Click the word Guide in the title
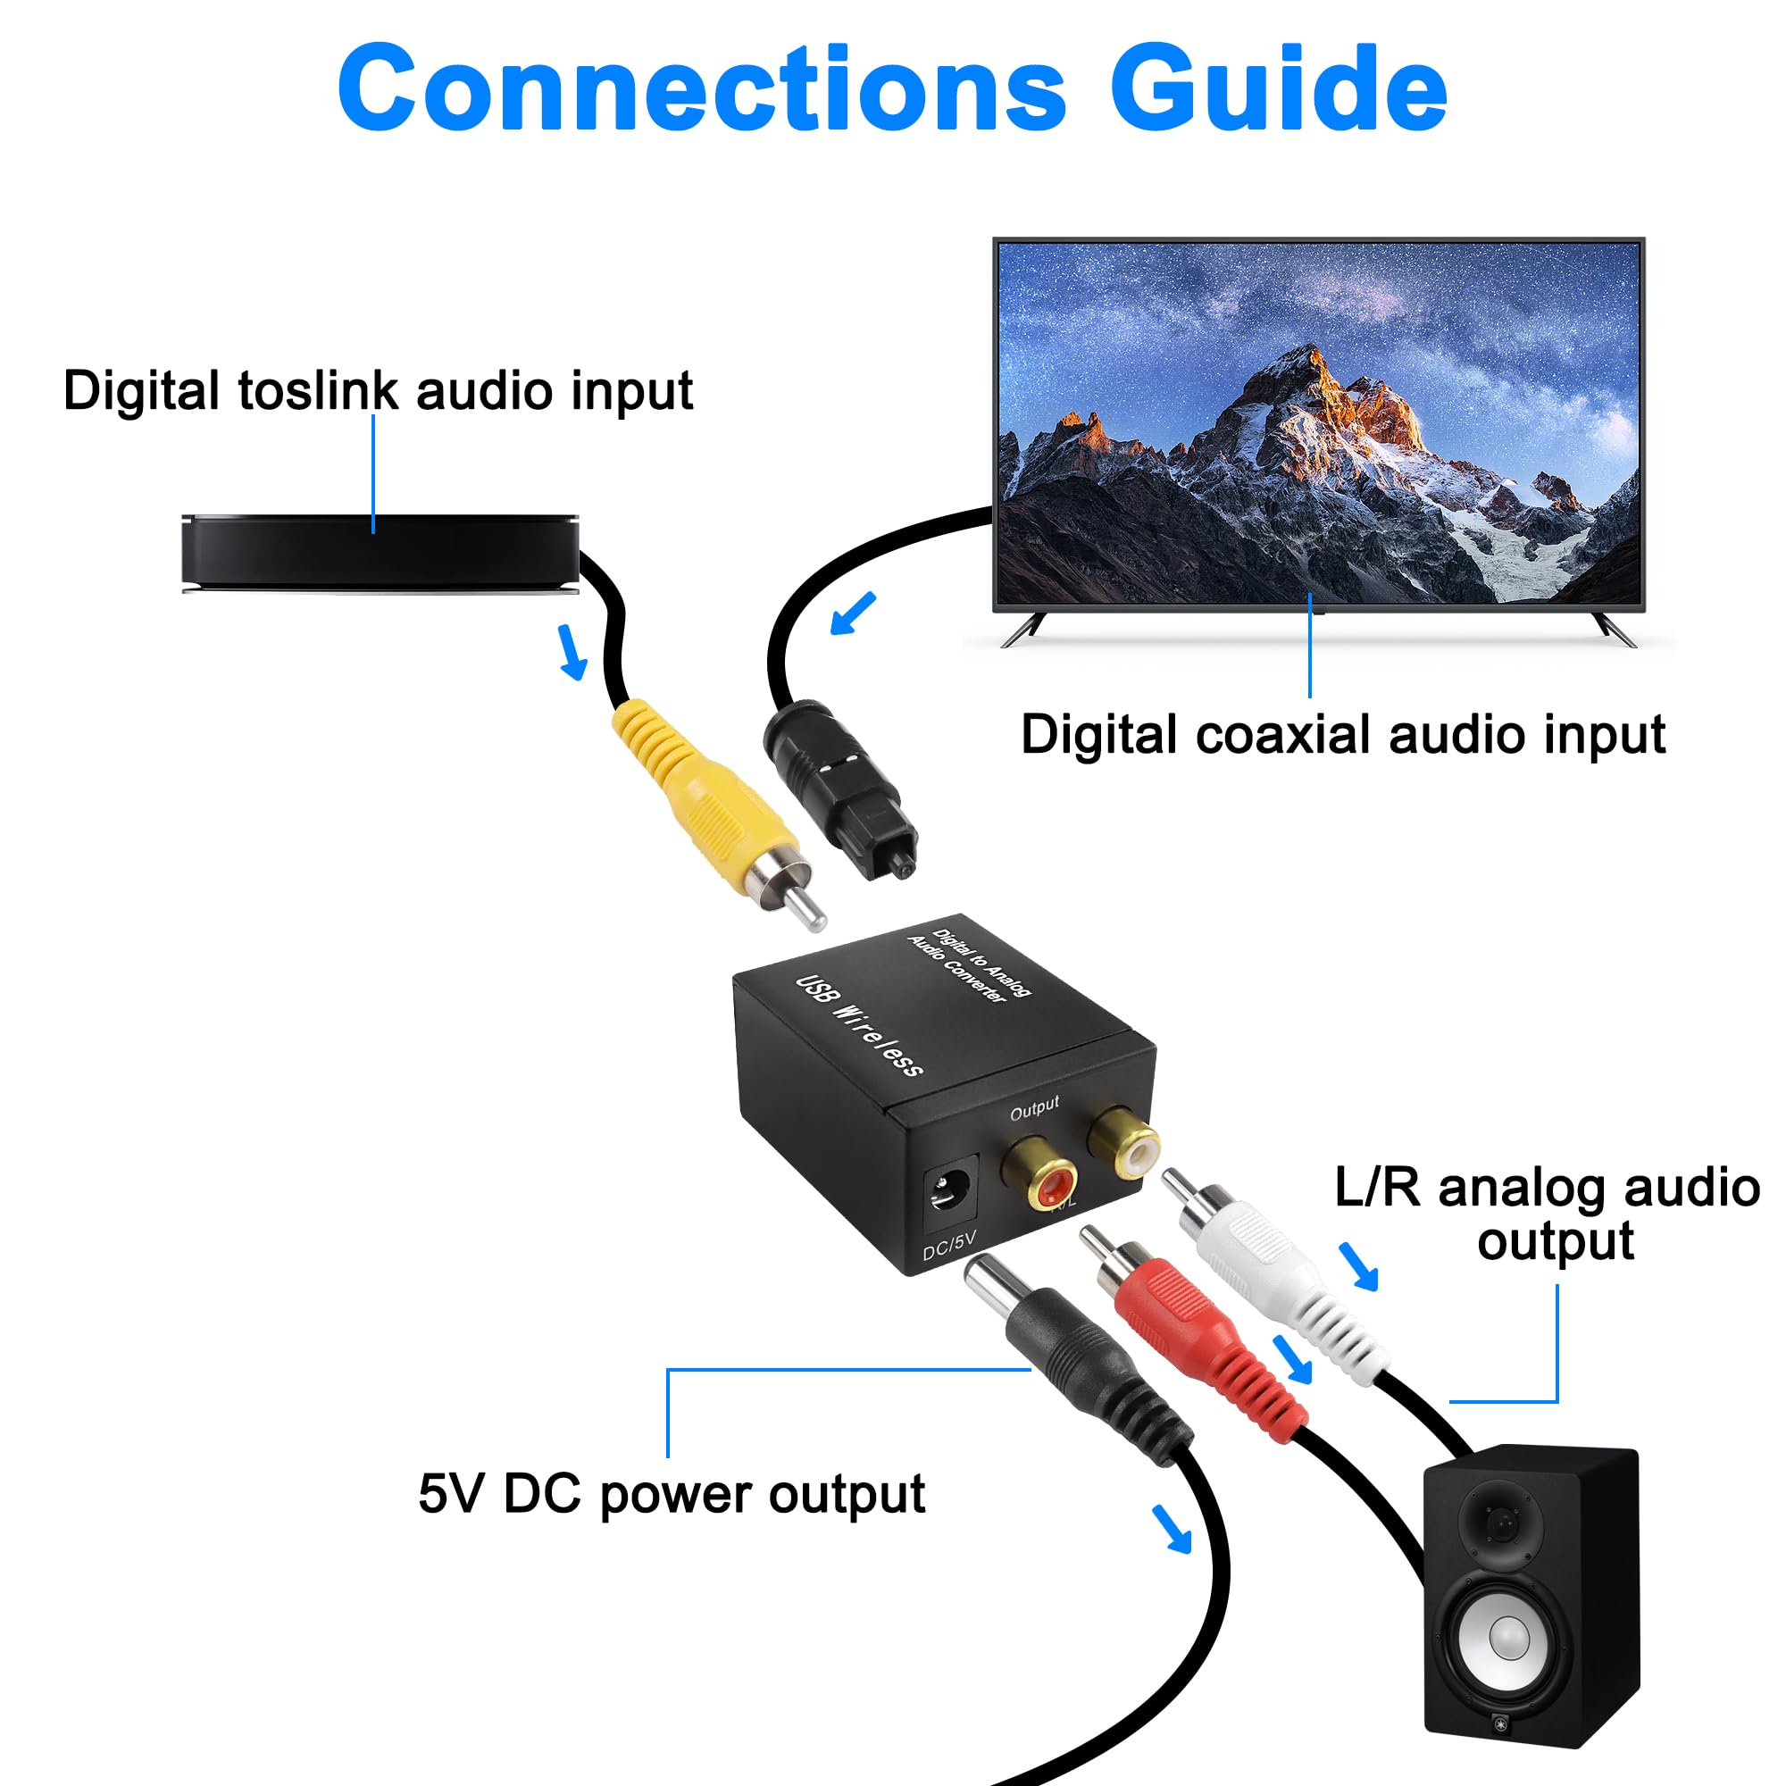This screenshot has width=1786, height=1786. click(1279, 88)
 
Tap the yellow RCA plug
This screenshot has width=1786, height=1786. click(716, 814)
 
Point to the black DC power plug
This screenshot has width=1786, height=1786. click(1077, 1359)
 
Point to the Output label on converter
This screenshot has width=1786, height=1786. click(1034, 1107)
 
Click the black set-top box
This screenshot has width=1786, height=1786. click(380, 553)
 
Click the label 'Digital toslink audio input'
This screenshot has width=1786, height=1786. click(378, 390)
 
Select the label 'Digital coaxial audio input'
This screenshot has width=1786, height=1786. click(1343, 735)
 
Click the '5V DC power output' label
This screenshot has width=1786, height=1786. click(672, 1493)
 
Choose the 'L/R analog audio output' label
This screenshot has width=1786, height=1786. click(1548, 1214)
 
